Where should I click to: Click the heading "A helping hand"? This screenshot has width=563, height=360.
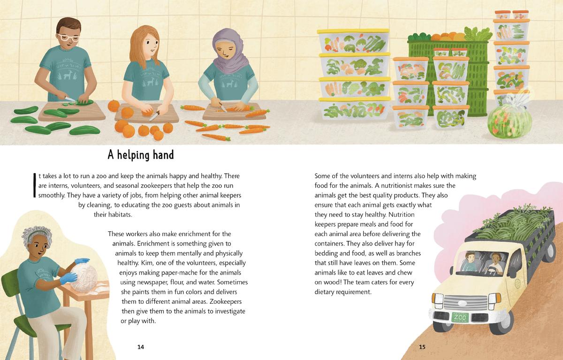141,155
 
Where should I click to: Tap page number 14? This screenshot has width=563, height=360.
141,347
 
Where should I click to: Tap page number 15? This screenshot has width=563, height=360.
422,347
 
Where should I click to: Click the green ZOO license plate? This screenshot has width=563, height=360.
460,317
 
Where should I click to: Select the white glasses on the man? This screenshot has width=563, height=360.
68,38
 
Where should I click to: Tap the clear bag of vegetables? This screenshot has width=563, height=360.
510,120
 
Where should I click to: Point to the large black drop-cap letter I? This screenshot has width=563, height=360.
34,185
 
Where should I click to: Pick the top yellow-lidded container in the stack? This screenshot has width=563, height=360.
354,41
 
